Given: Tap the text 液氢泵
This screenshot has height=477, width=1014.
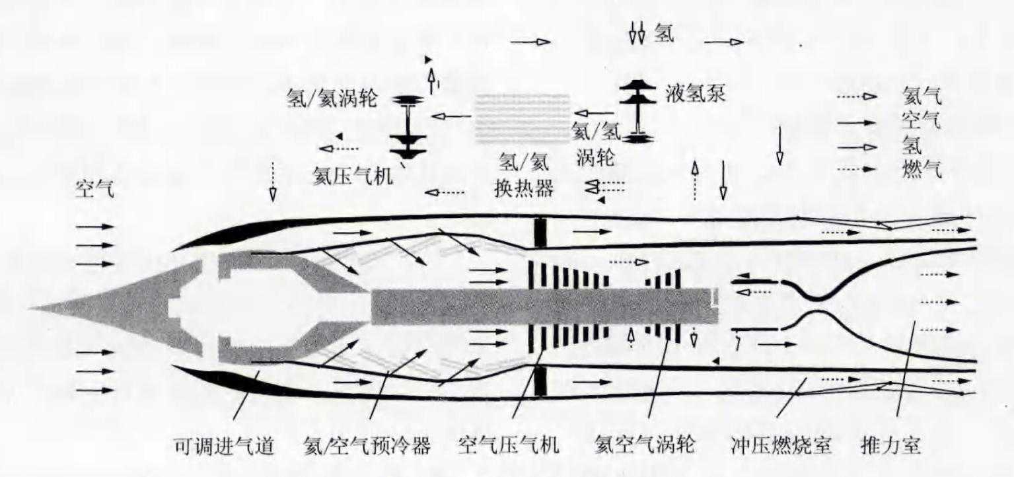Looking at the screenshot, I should tap(696, 93).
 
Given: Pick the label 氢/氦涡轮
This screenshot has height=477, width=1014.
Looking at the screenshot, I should tap(332, 98).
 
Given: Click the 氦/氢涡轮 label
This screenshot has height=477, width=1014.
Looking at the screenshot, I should tap(597, 145).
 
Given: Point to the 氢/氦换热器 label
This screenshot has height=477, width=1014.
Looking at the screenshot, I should tap(523, 175).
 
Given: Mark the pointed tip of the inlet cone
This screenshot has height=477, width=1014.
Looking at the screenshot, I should tap(32, 308).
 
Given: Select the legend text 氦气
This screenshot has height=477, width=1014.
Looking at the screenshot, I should tap(922, 97).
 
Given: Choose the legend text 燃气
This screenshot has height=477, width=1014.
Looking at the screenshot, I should tap(922, 170).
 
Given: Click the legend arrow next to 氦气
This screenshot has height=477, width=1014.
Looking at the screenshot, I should tap(857, 97).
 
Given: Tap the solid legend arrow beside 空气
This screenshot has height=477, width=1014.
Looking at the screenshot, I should tap(857, 122).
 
